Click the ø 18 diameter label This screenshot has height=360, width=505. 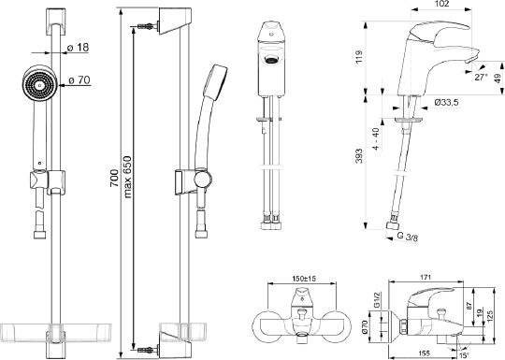point(78,48)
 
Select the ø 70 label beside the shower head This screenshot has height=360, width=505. point(79,79)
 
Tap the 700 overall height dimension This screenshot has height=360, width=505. point(114,179)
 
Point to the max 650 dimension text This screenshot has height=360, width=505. point(127,177)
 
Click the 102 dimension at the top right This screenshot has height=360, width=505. point(441,4)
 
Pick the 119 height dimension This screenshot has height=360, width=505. point(359,57)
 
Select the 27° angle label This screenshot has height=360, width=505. point(482,78)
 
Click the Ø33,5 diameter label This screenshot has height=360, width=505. point(446,103)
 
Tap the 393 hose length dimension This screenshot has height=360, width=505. point(359,156)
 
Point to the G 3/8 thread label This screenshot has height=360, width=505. point(408,237)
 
